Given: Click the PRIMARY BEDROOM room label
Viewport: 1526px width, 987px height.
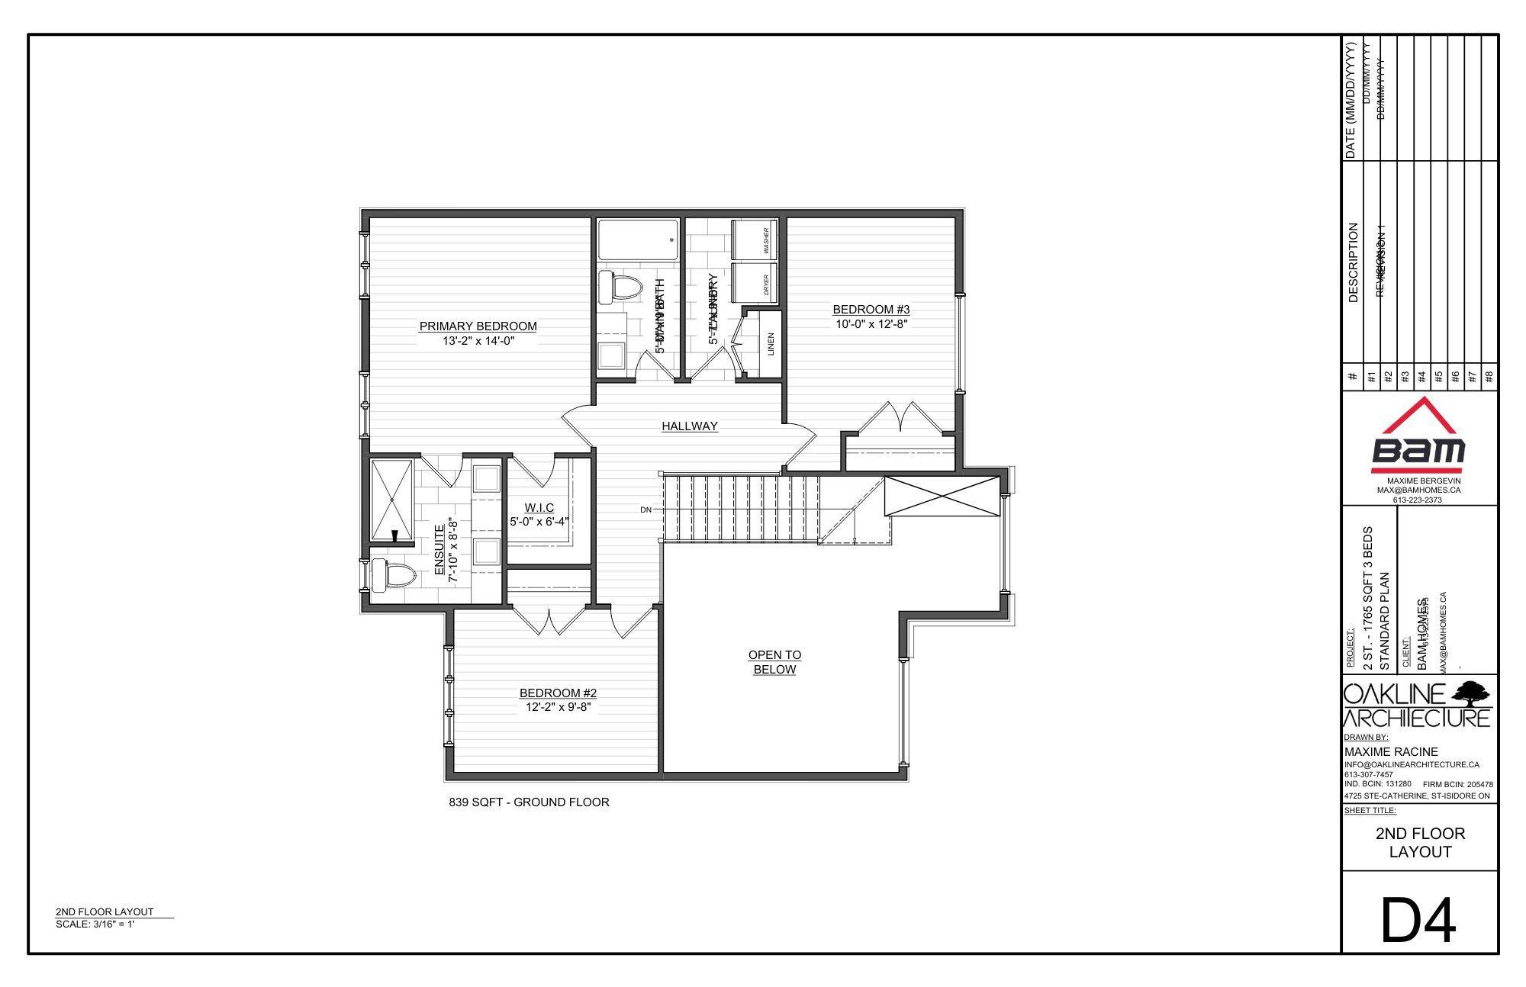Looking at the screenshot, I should coord(478,326).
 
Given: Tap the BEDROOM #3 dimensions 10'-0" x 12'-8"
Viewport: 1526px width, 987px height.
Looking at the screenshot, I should coord(871,324).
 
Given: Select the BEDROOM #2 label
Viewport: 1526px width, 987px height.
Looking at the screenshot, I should coord(558,693).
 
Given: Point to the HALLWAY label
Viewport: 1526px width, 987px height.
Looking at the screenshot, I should coord(690,426).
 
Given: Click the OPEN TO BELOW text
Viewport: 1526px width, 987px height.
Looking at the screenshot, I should coord(774,662).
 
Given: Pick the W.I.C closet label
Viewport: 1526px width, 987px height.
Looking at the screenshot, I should coord(539,508).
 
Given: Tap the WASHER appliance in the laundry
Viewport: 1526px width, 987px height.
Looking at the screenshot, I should coord(755,240).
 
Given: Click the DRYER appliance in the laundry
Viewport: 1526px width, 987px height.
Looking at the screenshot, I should coord(755,284).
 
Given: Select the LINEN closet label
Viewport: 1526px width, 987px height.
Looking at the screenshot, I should coord(771,344).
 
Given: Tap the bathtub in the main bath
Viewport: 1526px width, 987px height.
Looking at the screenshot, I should coord(637,240).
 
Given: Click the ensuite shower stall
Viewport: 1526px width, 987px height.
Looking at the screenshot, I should coord(392,499).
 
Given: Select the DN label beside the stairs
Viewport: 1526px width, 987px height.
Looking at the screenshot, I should coord(646,510).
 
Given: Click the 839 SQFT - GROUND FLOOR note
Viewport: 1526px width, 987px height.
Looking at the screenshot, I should coord(529,802).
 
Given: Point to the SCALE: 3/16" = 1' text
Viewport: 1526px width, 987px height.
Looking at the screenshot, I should coord(95,924).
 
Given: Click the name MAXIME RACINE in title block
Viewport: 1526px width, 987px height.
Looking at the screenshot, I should coord(1391,752).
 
